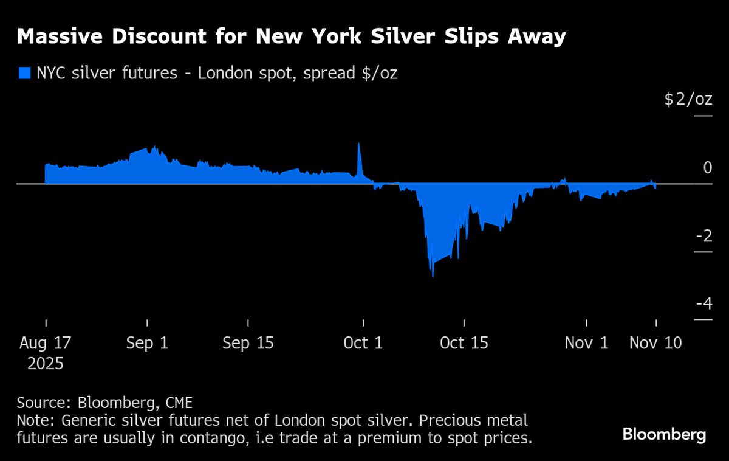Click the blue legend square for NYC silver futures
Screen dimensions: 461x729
pos(24,74)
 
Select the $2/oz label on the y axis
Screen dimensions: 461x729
pos(688,99)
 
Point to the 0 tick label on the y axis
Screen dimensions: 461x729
pos(707,167)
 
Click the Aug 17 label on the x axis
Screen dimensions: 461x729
pos(45,343)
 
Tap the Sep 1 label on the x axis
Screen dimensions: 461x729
pos(147,343)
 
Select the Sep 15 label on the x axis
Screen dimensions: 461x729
pos(248,343)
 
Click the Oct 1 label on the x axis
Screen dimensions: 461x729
pos(363,343)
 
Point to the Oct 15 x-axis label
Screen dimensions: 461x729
pos(464,343)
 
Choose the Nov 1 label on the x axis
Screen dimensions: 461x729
pos(586,343)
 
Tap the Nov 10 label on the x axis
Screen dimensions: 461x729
pos(655,343)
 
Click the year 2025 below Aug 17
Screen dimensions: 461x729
pos(45,364)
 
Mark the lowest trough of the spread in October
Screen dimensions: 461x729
pos(433,277)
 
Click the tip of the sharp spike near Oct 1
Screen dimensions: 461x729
pos(358,144)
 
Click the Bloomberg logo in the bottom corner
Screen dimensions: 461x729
pos(664,434)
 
